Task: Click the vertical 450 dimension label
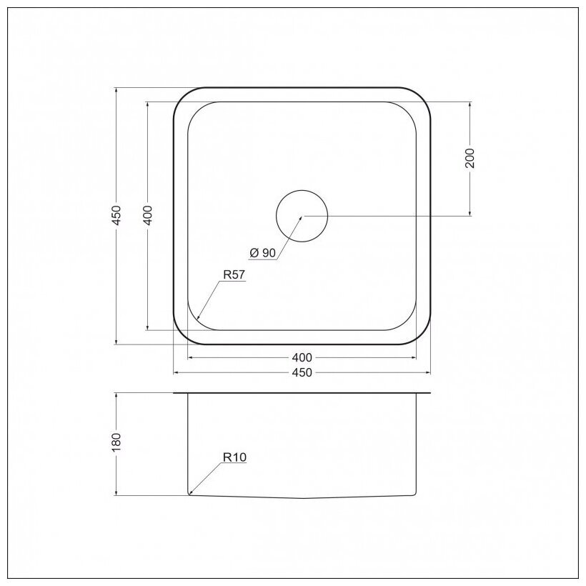(117, 215)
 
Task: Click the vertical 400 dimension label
(148, 215)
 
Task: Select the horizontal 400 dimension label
(302, 357)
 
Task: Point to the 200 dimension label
(470, 158)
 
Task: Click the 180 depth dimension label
(117, 442)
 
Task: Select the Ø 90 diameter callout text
(263, 253)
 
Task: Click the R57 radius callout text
(234, 275)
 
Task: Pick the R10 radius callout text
(234, 457)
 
